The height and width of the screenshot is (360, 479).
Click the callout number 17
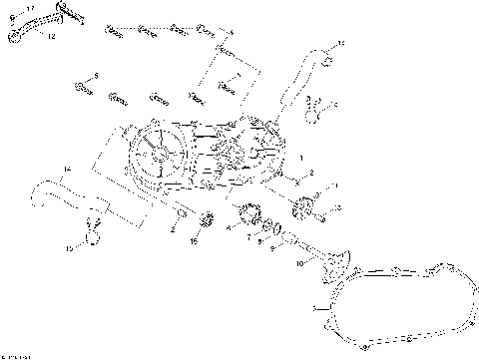coord(30,8)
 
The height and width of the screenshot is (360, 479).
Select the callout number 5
coord(97,75)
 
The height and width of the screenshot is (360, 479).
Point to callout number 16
coord(195,241)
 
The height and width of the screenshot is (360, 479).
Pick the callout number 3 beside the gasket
coord(316,306)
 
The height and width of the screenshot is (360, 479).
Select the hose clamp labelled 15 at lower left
coord(91,236)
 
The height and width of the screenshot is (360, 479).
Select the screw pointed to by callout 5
coord(78,89)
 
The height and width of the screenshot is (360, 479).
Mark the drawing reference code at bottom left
coord(16,354)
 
